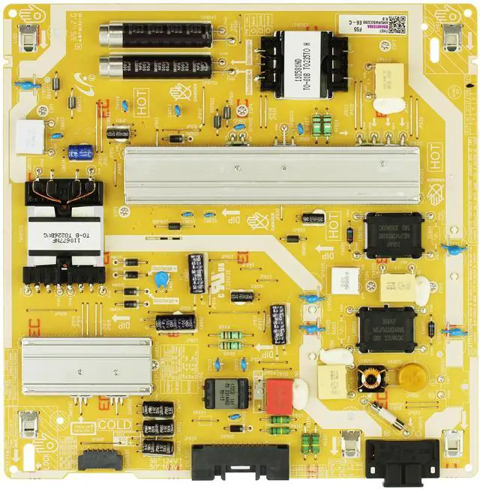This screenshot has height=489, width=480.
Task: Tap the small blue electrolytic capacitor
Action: (80, 153)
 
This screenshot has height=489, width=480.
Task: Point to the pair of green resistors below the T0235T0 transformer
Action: (321, 124)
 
